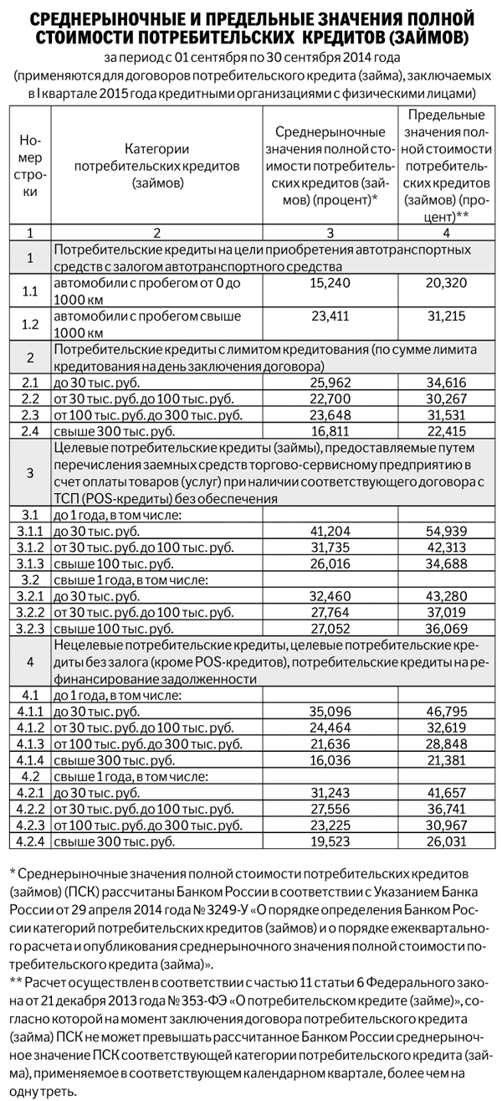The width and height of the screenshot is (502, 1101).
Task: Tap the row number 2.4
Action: [x=30, y=430]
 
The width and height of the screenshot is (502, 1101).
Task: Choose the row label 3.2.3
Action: [x=30, y=626]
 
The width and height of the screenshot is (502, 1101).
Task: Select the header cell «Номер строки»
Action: [x=30, y=164]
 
